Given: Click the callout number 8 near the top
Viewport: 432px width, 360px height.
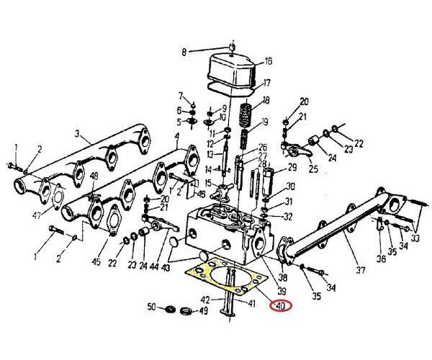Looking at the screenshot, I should [x=184, y=52].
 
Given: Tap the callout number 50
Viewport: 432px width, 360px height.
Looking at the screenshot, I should [x=151, y=308].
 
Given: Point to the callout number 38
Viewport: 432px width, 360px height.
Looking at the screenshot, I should [x=282, y=277].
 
